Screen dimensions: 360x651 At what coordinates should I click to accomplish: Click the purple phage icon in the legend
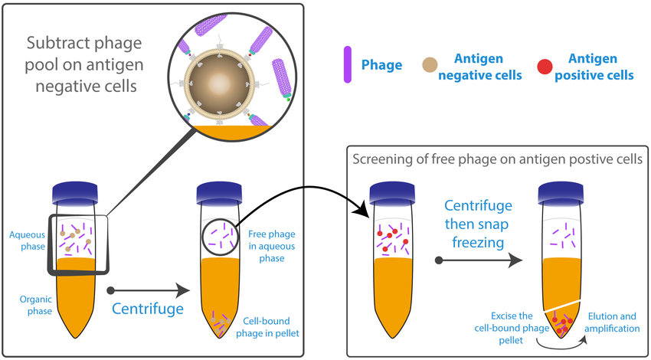pos(348,64)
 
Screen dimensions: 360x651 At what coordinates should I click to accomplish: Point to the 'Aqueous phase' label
pos(26,240)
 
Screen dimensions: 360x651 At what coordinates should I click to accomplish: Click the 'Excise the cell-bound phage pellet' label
pos(505,328)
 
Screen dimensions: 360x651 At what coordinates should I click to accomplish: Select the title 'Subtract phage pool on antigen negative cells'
pos(84,64)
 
